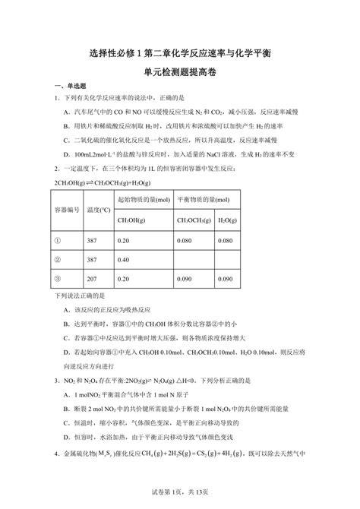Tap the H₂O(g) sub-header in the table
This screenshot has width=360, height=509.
226,220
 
